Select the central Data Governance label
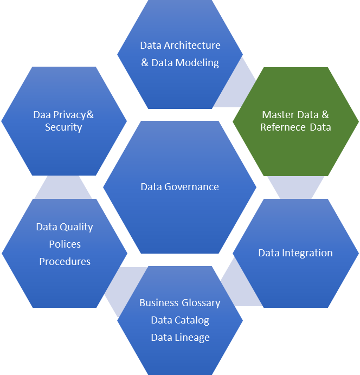coord(179,187)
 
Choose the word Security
coord(63,127)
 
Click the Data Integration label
coord(295,253)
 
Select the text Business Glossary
coord(179,303)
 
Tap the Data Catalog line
coord(179,320)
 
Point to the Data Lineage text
coord(179,338)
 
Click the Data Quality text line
coord(65,227)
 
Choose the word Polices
coord(65,244)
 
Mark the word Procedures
coord(65,262)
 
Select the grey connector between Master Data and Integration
coord(295,187)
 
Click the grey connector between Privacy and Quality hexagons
coord(63,187)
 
